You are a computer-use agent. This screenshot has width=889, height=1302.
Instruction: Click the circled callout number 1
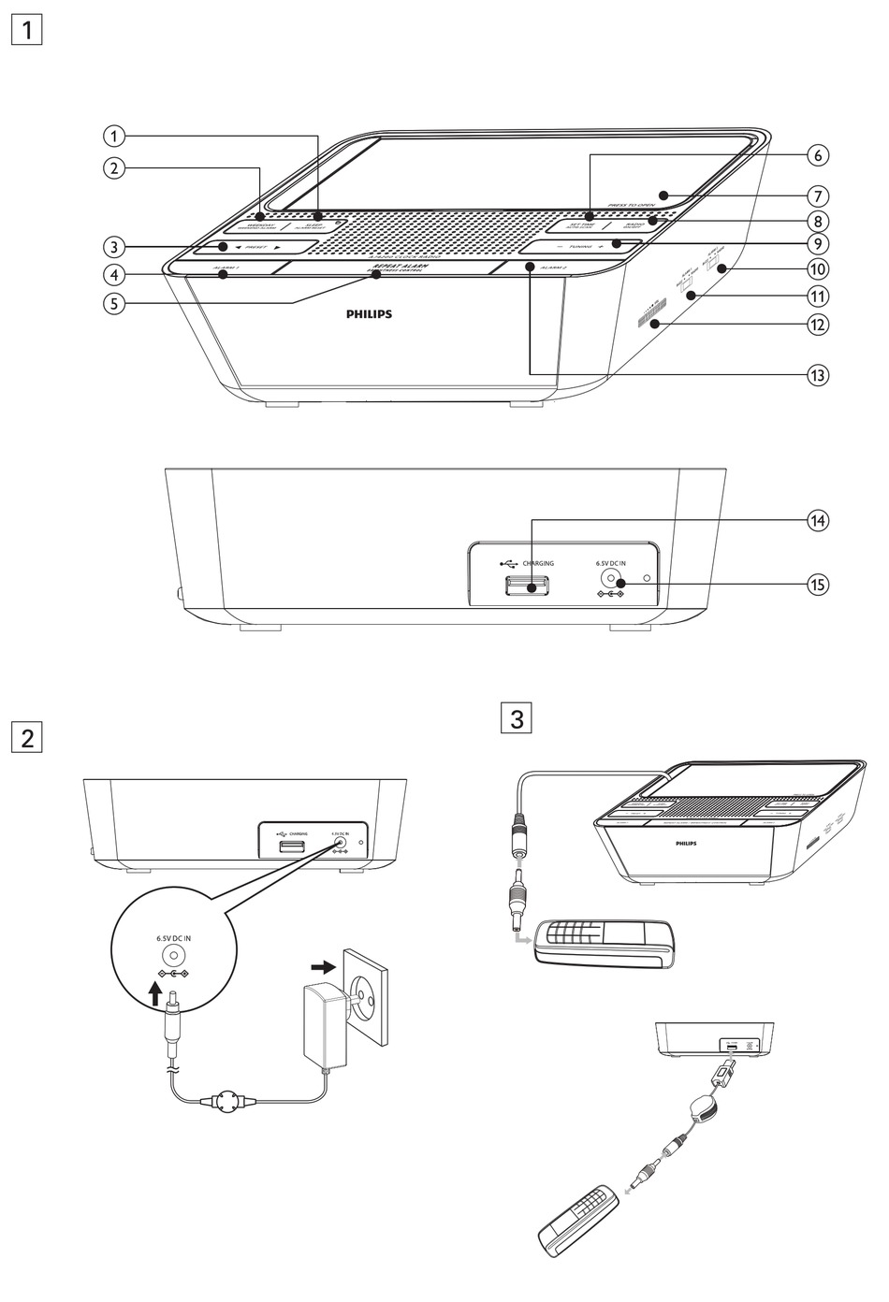point(114,137)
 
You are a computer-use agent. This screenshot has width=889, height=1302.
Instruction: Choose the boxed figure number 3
point(517,720)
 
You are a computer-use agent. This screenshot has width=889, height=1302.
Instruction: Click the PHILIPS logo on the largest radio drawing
point(365,314)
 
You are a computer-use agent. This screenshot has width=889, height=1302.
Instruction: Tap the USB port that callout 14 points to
point(526,586)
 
